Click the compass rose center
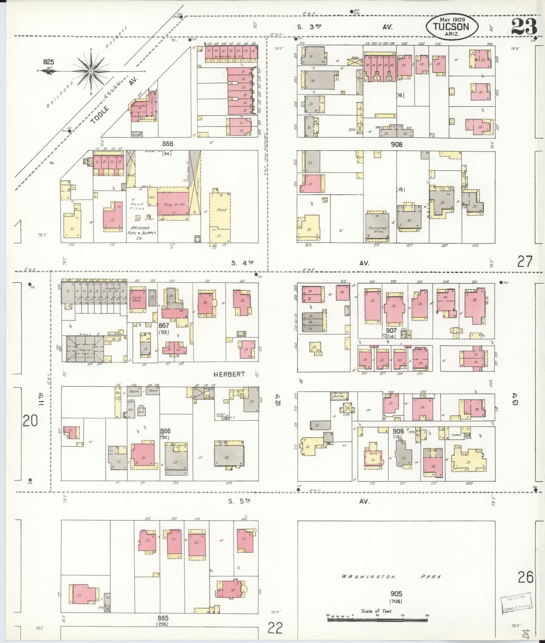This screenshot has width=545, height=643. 91,71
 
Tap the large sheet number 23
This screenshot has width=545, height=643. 525,26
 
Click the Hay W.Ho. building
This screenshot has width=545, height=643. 173,204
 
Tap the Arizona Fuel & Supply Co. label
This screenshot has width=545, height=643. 140,233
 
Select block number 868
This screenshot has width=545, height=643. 168,144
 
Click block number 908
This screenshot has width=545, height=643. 396,145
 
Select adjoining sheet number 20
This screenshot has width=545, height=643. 30,421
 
